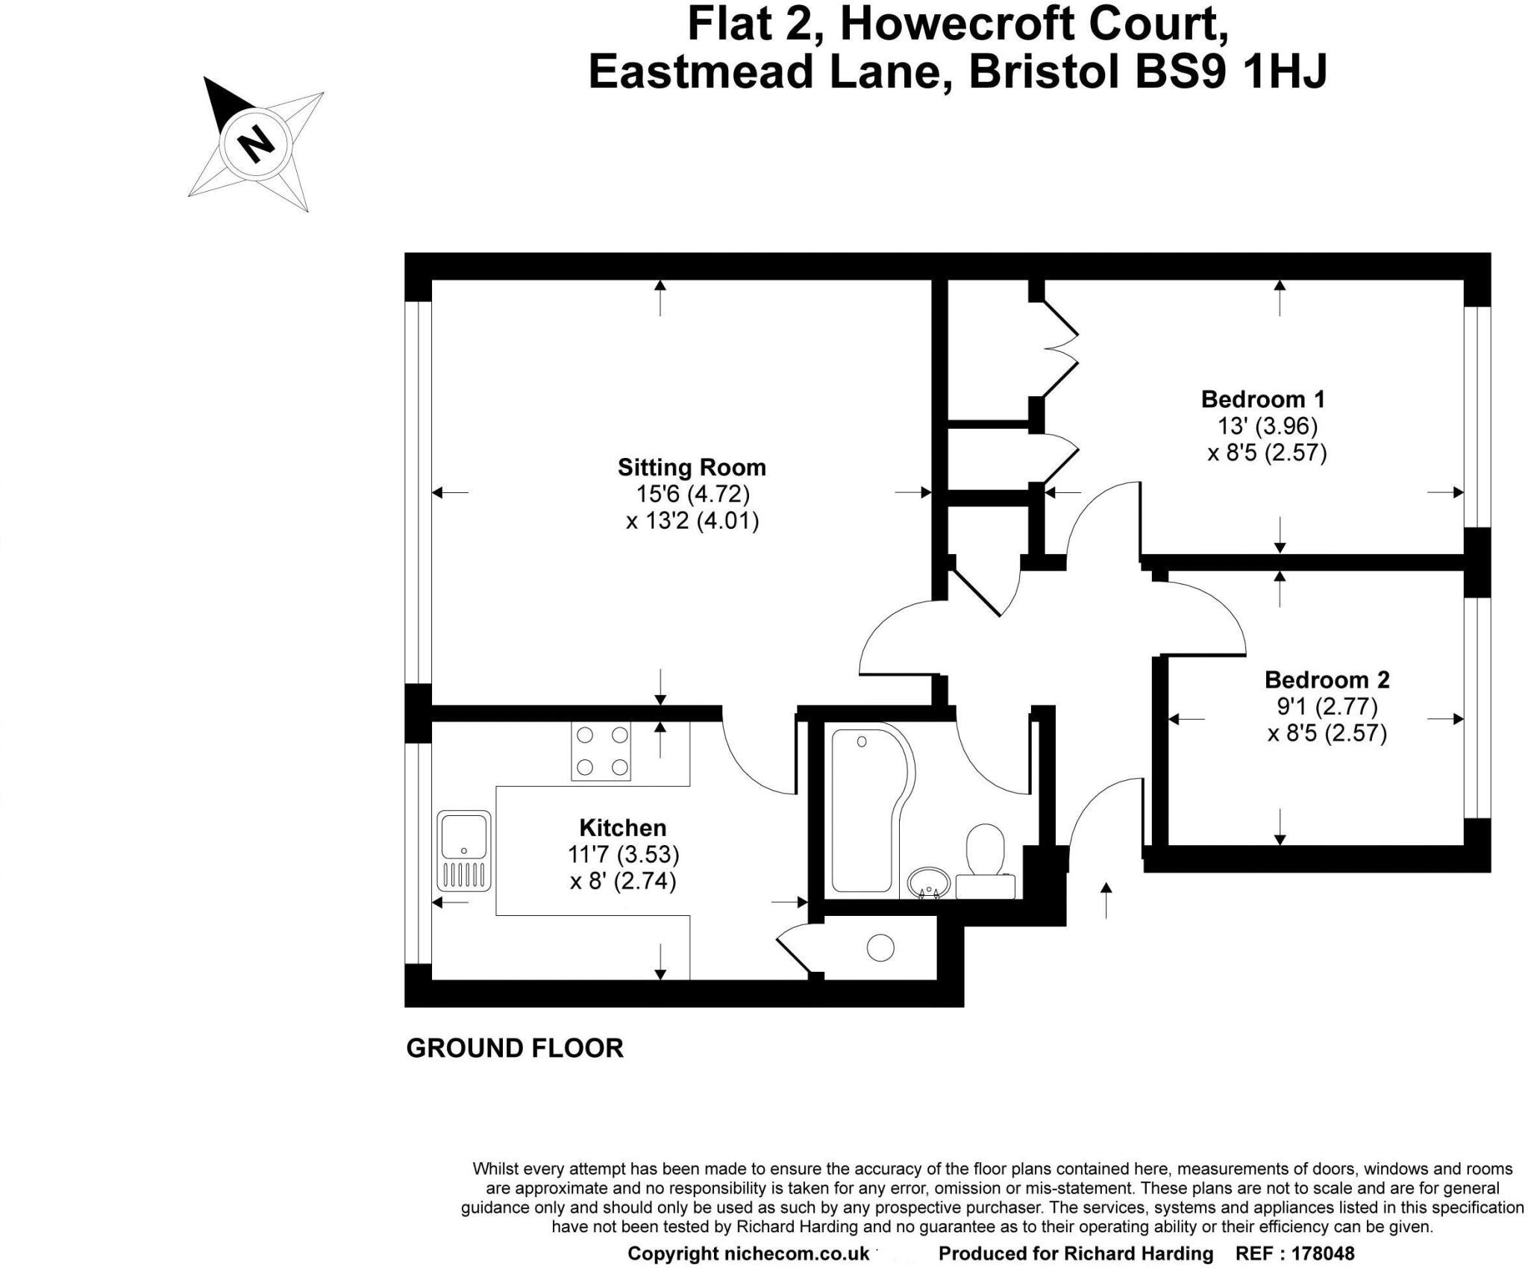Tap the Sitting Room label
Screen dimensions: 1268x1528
[692, 468]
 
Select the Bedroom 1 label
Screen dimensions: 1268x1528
[1262, 399]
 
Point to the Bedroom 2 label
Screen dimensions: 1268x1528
[1327, 679]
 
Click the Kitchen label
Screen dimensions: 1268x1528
[622, 827]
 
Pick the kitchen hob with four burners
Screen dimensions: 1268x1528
[601, 751]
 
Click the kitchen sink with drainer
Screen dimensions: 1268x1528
[464, 850]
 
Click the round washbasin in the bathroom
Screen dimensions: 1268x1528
[928, 882]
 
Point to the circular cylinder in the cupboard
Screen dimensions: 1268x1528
[880, 948]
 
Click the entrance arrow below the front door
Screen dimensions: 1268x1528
[1106, 900]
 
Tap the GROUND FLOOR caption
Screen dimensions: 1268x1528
[514, 1048]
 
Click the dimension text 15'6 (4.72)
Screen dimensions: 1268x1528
[692, 494]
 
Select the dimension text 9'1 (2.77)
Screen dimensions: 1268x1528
[1327, 706]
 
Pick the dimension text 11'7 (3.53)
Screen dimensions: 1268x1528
[622, 854]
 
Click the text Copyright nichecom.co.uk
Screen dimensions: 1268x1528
[748, 1254]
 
